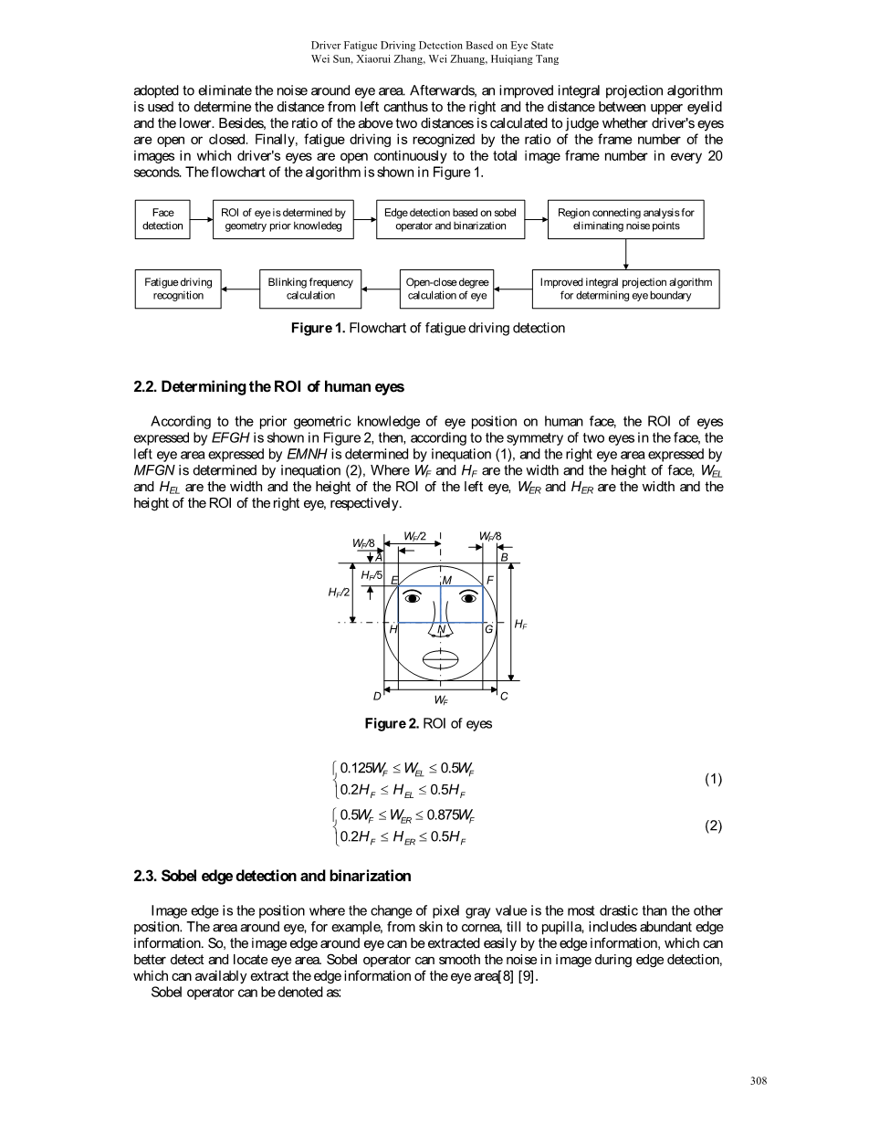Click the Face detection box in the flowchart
pyautogui.click(x=163, y=219)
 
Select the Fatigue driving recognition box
pyautogui.click(x=178, y=289)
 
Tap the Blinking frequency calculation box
pyautogui.click(x=310, y=289)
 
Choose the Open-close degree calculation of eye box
pyautogui.click(x=447, y=289)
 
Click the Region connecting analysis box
pyautogui.click(x=625, y=219)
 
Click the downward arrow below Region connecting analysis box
pyautogui.click(x=626, y=253)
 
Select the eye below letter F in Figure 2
pyautogui.click(x=469, y=598)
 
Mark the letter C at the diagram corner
pyautogui.click(x=503, y=696)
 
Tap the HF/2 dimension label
pyautogui.click(x=339, y=592)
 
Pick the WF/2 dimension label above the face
pyautogui.click(x=415, y=535)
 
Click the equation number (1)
pyautogui.click(x=713, y=779)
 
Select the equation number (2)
pyautogui.click(x=713, y=825)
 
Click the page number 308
pyautogui.click(x=758, y=1081)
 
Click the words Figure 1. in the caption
pyautogui.click(x=318, y=328)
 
